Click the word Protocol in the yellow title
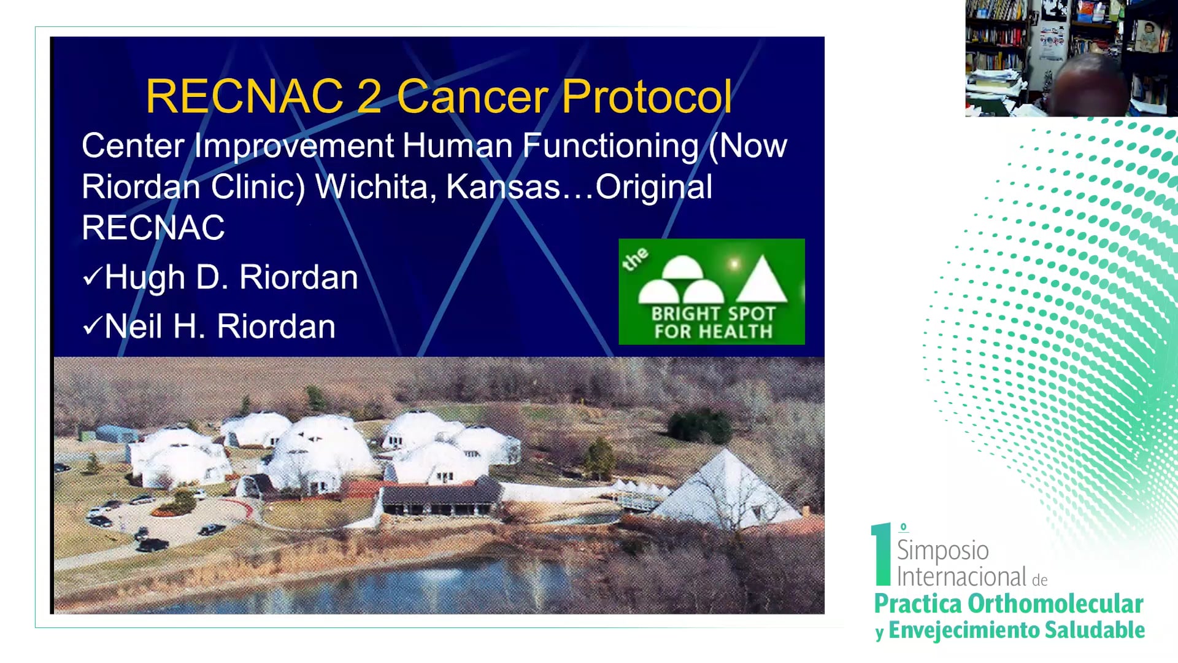point(647,96)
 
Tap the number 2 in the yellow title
point(369,96)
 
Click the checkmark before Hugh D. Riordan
point(92,277)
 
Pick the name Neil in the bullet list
point(134,326)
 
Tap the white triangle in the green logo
point(761,279)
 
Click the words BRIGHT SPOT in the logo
point(714,314)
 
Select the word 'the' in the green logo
point(635,259)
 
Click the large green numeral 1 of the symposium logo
point(882,554)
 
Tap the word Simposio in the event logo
point(943,551)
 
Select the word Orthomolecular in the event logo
point(1055,604)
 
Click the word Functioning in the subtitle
point(610,147)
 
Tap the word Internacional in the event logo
point(961,577)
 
